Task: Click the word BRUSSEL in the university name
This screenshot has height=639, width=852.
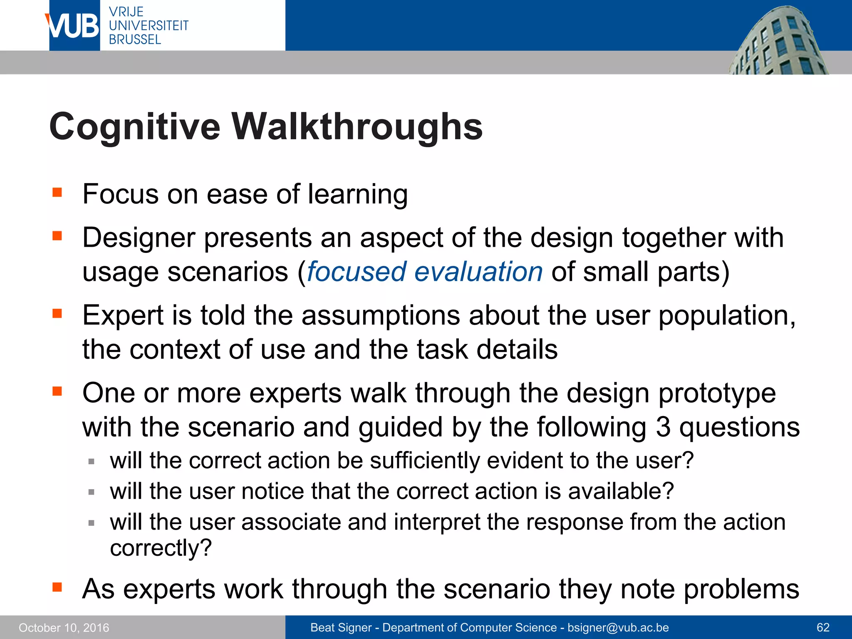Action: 135,40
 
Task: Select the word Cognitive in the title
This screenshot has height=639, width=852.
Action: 135,126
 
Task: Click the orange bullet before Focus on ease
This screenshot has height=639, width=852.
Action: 57,192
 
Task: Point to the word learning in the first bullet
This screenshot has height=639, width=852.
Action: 357,195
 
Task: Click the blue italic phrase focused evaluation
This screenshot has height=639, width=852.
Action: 425,272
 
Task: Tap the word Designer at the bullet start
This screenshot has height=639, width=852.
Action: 139,238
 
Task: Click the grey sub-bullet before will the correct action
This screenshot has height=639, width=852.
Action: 92,461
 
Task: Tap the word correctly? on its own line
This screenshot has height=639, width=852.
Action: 161,548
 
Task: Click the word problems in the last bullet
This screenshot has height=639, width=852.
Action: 741,589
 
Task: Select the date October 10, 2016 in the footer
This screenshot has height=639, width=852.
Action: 64,628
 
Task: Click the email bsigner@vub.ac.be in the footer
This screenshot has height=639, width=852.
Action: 618,628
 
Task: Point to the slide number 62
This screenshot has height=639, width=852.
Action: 823,628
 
